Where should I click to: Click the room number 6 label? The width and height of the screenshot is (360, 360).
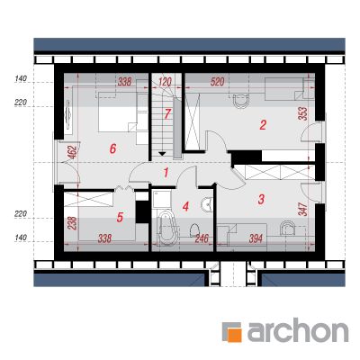[x=112, y=148]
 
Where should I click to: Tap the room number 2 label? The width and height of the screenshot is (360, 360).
[x=263, y=125]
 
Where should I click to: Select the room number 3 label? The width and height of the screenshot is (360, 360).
[x=261, y=199]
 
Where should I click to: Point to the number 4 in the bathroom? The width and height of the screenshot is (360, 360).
[x=186, y=206]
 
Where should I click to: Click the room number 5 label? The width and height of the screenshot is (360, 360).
[x=120, y=218]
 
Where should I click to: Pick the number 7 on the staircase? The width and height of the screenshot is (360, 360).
[x=167, y=114]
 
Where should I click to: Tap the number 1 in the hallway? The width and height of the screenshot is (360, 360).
[x=166, y=173]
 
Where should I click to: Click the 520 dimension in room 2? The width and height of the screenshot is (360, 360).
[x=218, y=82]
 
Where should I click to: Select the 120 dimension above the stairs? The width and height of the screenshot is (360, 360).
[x=165, y=82]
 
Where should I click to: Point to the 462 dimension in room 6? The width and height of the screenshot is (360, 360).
[x=74, y=152]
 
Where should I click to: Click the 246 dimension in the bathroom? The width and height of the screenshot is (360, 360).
[x=202, y=238]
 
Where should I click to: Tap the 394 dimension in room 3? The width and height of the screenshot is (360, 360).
[x=256, y=238]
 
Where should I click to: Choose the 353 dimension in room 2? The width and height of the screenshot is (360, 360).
[x=303, y=113]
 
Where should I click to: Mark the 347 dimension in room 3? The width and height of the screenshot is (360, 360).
[x=303, y=209]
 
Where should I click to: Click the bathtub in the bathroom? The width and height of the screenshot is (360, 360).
[x=166, y=226]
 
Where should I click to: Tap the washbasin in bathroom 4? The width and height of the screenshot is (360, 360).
[x=206, y=205]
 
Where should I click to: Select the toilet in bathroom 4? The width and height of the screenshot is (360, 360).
[x=195, y=229]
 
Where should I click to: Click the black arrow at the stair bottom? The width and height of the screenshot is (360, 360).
[x=162, y=154]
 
